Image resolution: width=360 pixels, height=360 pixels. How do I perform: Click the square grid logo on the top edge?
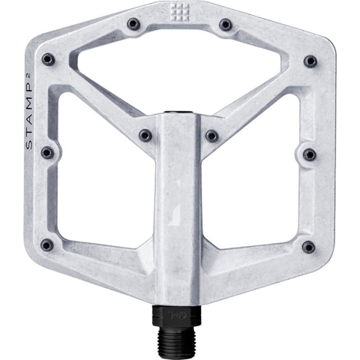pyautogui.click(x=178, y=12)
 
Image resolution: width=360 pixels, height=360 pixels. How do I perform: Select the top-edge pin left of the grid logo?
pyautogui.click(x=133, y=24)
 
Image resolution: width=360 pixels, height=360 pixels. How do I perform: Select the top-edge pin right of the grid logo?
pyautogui.click(x=225, y=24)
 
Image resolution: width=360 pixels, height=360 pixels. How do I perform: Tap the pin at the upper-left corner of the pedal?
pyautogui.click(x=48, y=59)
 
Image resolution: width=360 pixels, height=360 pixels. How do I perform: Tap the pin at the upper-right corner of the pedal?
pyautogui.click(x=310, y=60)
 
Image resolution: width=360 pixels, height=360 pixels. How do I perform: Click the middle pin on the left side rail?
pyautogui.click(x=47, y=152)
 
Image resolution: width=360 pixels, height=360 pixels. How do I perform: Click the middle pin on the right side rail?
pyautogui.click(x=309, y=154)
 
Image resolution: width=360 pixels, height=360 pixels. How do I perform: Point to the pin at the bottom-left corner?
pyautogui.click(x=47, y=244)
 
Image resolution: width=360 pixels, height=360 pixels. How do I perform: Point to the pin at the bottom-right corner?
pyautogui.click(x=308, y=246)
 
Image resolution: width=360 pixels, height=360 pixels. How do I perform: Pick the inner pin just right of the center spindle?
pyautogui.click(x=212, y=136)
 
